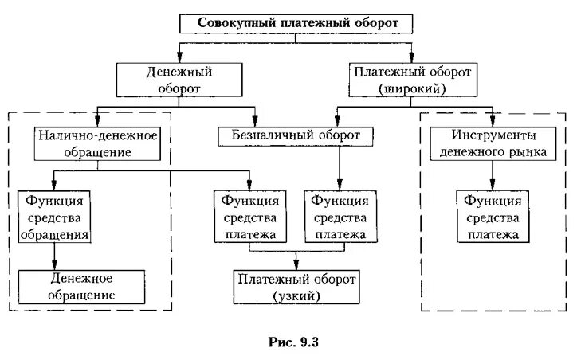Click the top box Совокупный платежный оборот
point(296,23)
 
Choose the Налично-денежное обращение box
point(98,143)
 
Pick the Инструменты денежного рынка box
point(489,143)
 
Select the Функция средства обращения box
point(54,215)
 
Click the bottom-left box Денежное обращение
point(83,287)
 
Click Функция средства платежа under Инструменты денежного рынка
point(488,215)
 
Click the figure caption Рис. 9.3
point(295,342)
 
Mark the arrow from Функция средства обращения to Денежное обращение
point(54,255)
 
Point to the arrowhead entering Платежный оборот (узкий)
point(296,265)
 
